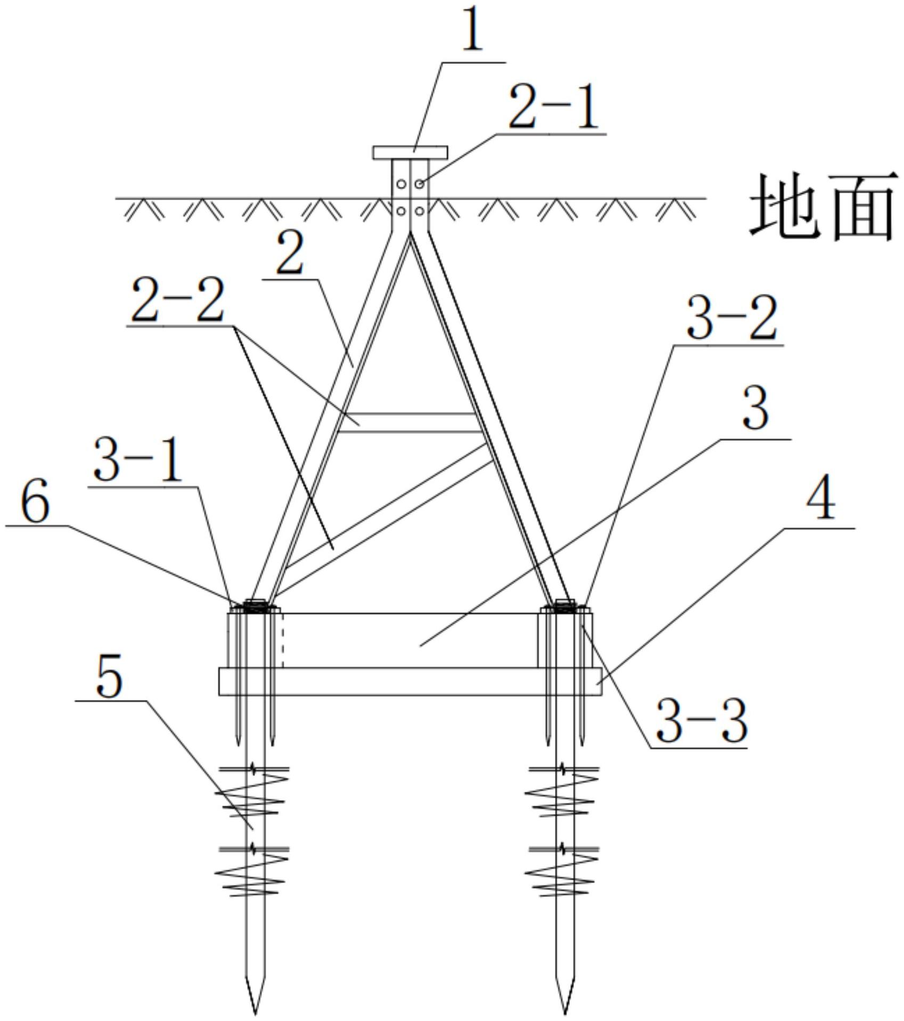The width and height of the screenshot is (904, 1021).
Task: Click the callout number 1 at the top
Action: [x=472, y=32]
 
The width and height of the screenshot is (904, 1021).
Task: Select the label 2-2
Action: [x=178, y=301]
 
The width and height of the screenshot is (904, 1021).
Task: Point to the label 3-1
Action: [x=138, y=459]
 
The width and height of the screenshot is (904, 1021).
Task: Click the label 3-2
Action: [x=732, y=318]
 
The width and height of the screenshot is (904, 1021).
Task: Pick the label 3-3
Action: [x=701, y=721]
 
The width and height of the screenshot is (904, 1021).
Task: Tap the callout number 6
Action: [x=36, y=501]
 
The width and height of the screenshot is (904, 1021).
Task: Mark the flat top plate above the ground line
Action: [x=410, y=153]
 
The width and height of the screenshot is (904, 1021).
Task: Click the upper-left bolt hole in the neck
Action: [x=401, y=184]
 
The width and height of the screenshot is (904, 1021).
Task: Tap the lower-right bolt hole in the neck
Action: [x=420, y=211]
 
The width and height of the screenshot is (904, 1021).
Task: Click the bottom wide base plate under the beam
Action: [x=410, y=681]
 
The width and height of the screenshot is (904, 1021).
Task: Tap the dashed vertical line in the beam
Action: [x=283, y=640]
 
